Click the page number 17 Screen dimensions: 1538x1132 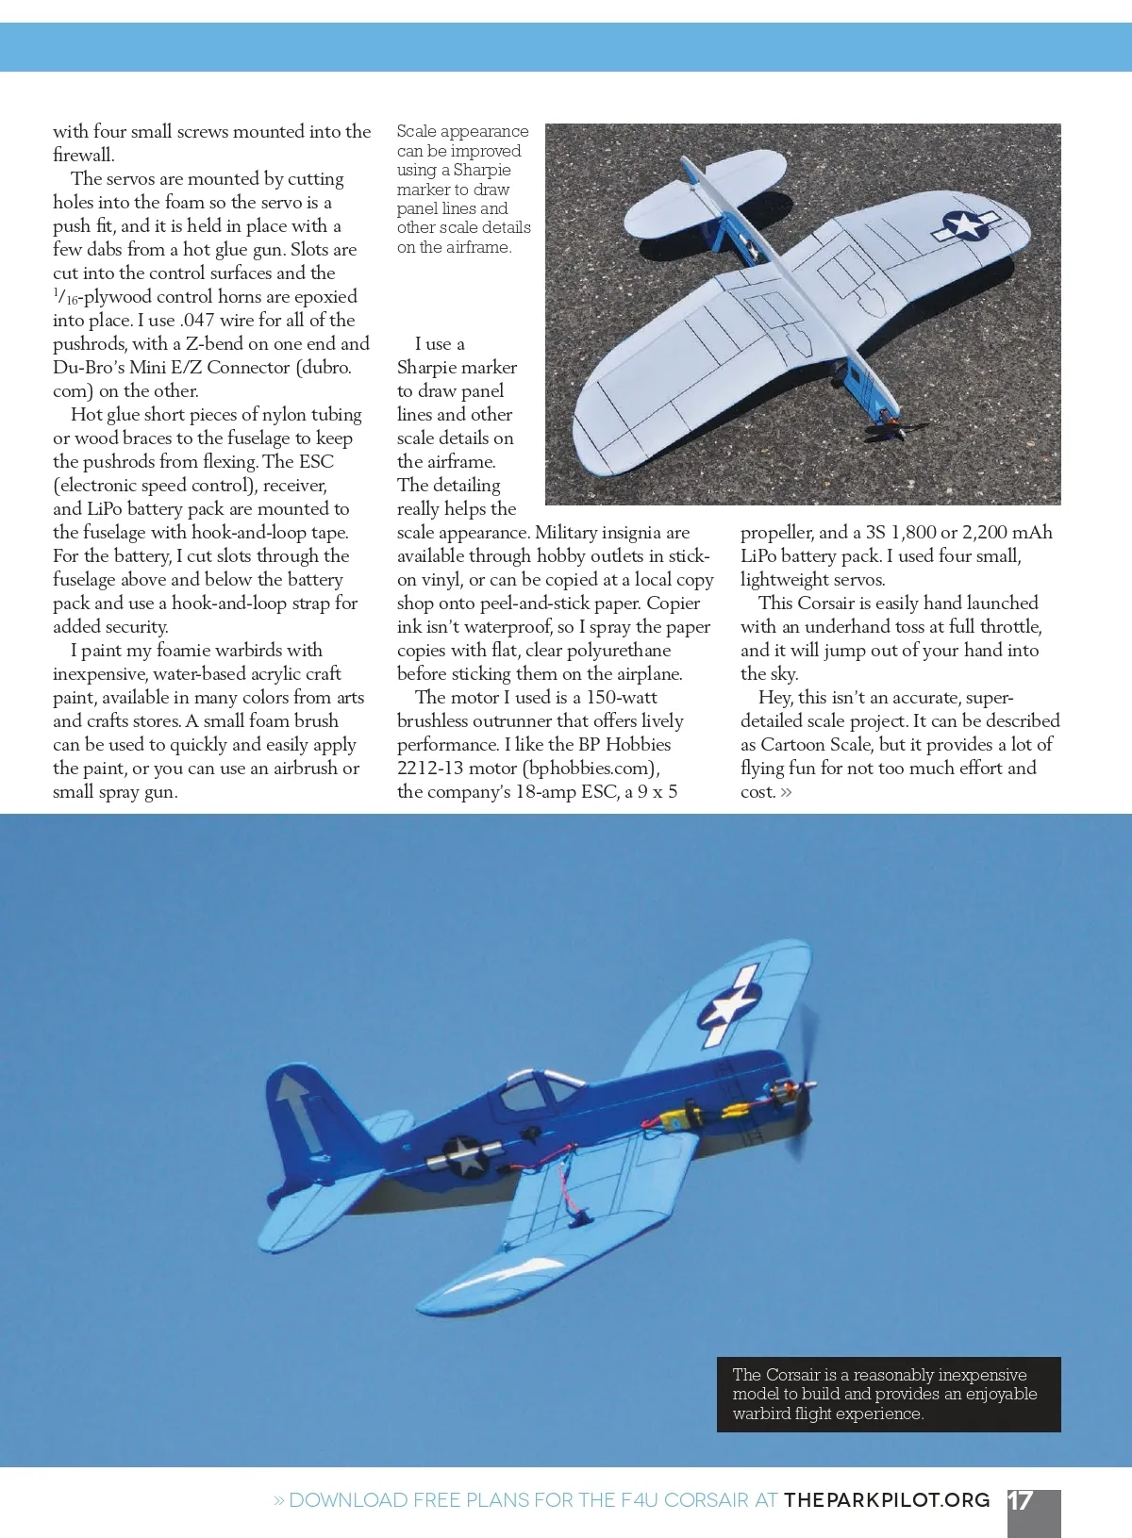pos(1021,1500)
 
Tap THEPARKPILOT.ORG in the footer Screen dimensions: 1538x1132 pos(887,1500)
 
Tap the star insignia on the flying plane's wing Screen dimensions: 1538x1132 pos(729,1009)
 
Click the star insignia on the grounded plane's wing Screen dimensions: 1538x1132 pos(965,225)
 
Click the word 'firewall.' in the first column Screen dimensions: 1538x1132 pos(83,156)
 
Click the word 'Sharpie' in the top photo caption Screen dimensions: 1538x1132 pos(482,170)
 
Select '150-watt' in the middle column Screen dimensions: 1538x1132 pos(622,698)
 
